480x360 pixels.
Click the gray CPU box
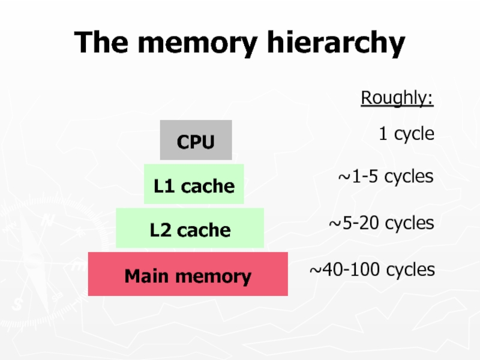pos(196,140)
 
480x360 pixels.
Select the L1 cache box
pos(194,184)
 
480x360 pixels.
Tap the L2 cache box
pos(190,229)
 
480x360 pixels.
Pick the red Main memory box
pos(188,275)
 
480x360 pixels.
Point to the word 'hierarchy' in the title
pos(328,44)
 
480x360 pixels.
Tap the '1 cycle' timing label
pos(406,134)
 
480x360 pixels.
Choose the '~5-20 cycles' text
pos(380,223)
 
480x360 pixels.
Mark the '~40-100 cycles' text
pos(371,270)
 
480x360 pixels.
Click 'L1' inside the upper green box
pos(164,186)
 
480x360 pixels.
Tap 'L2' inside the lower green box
pos(160,230)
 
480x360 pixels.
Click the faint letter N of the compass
pos(47,221)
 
